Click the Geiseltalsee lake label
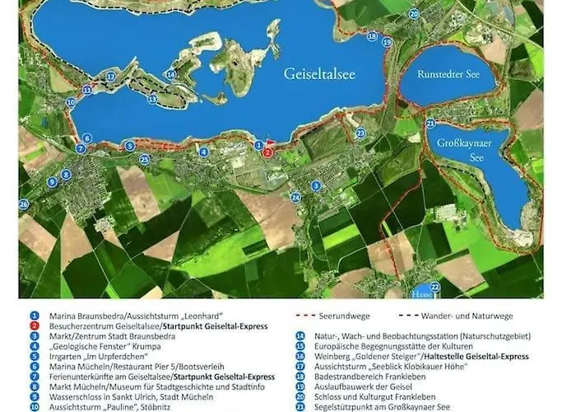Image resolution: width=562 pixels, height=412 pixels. click(x=319, y=73)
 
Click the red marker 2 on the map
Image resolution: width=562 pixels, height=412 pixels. click(x=267, y=152)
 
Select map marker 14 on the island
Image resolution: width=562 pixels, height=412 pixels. click(x=170, y=75)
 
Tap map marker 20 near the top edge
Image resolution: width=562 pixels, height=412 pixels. click(x=413, y=14)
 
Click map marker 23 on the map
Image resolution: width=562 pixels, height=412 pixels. click(x=360, y=133)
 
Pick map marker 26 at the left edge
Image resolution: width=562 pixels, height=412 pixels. click(x=23, y=204)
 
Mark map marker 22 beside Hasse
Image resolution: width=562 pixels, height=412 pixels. click(x=435, y=287)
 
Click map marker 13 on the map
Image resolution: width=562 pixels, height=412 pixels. click(x=152, y=99)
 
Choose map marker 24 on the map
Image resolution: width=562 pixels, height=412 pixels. click(x=295, y=196)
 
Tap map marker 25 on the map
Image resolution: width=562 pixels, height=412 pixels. click(x=145, y=159)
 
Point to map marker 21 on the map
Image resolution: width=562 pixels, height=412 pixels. click(x=430, y=124)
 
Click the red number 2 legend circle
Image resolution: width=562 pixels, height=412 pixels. click(x=35, y=325)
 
